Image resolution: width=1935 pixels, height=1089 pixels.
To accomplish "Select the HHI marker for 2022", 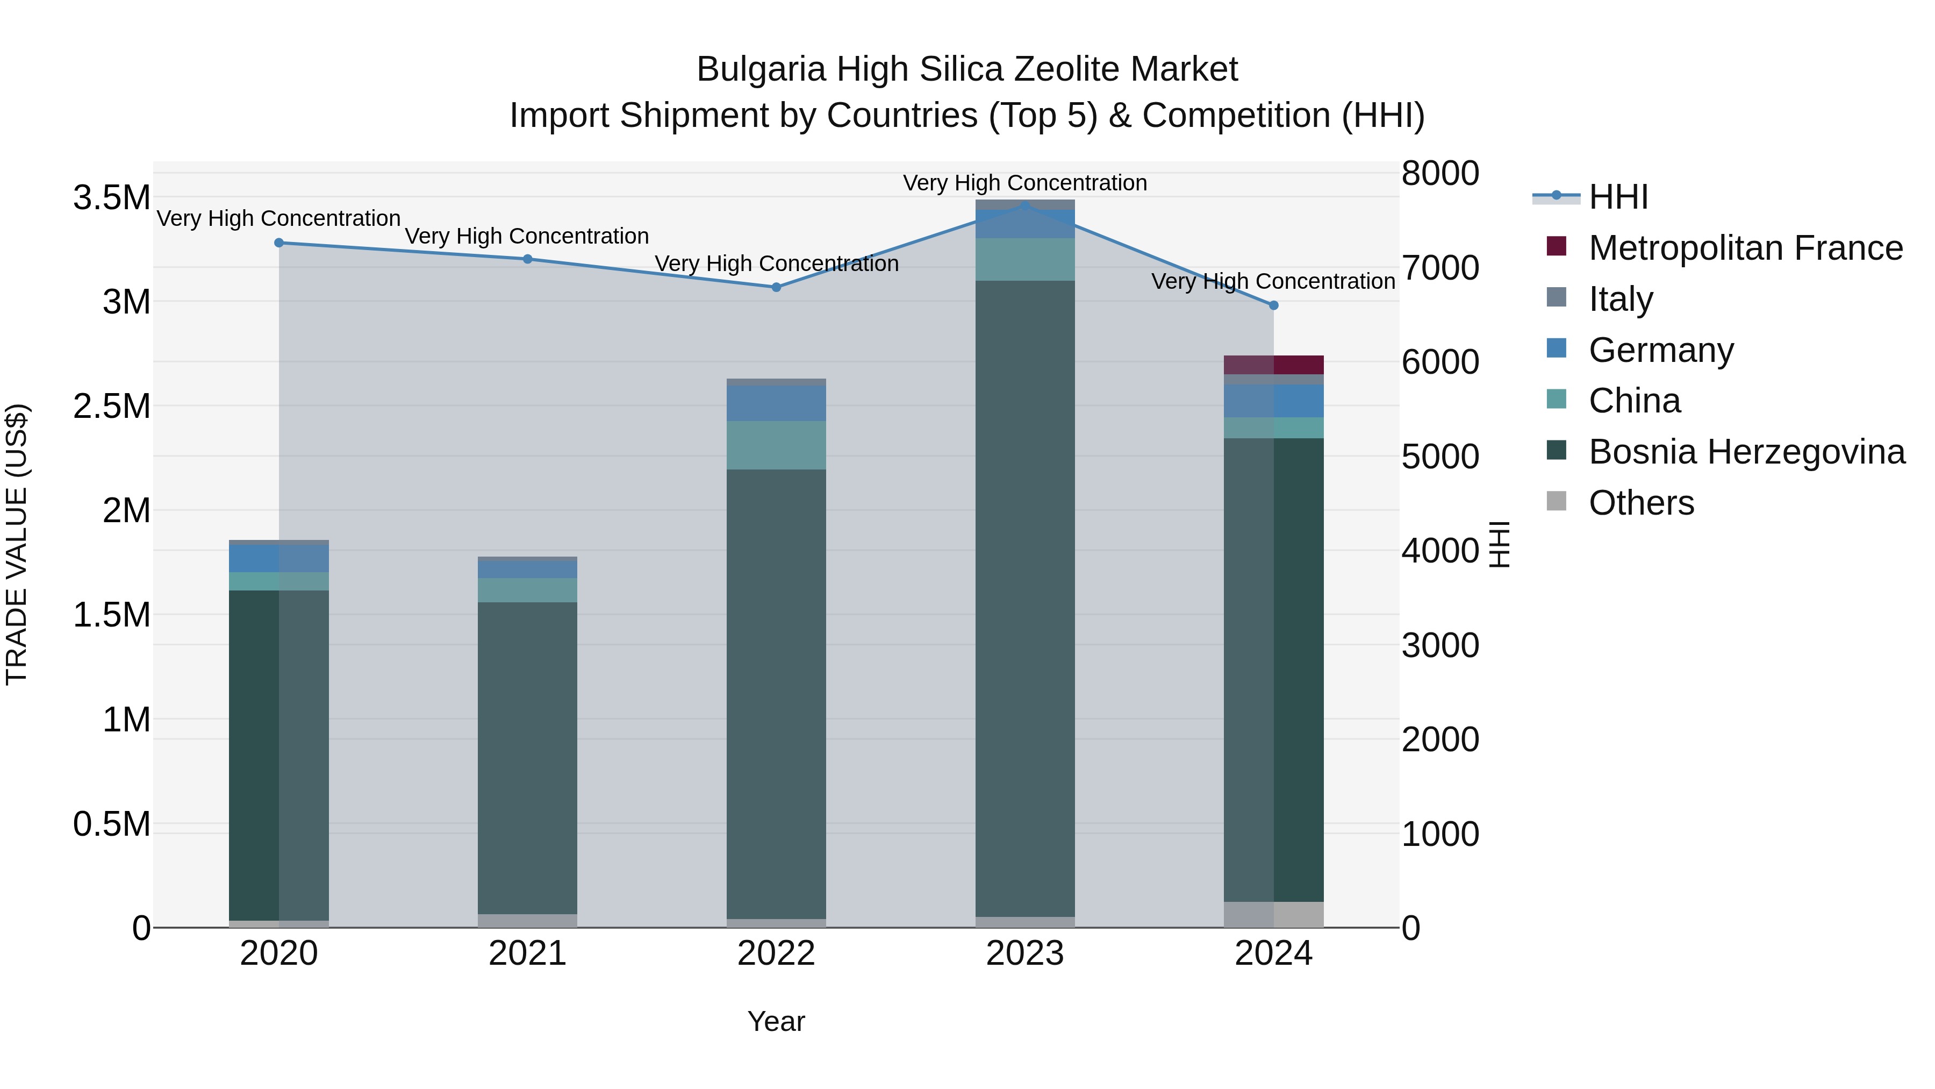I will [x=777, y=287].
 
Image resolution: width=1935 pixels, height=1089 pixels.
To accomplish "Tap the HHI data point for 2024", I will [x=1273, y=305].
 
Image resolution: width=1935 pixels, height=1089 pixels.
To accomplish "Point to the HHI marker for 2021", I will [x=527, y=259].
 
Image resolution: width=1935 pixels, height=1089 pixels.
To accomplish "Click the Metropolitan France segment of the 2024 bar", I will [x=1273, y=365].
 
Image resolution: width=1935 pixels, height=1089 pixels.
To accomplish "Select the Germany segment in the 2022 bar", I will [x=777, y=403].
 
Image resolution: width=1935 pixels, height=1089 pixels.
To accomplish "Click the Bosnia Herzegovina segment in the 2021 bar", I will [x=527, y=758].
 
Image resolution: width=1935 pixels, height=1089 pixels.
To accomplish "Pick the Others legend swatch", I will [x=1557, y=501].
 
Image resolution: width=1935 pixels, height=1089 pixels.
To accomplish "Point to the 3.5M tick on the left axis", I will [x=111, y=198].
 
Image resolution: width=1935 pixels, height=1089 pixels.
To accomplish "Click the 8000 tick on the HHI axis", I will [x=1440, y=173].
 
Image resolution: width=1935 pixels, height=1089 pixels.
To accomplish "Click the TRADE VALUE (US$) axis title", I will [x=17, y=544].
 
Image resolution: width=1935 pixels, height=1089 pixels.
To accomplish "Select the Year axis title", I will [x=776, y=1021].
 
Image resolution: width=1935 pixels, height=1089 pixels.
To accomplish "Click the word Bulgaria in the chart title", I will [x=761, y=69].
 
